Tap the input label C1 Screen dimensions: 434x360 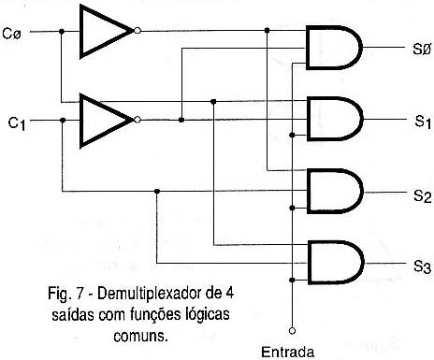[x=15, y=122]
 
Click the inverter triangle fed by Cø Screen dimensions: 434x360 [x=105, y=31]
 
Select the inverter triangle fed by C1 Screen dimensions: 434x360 [x=105, y=120]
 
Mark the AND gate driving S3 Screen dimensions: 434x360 [x=331, y=264]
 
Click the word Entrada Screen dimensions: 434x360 [x=292, y=351]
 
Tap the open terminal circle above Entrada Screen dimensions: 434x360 [x=292, y=330]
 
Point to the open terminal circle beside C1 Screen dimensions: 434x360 [x=36, y=120]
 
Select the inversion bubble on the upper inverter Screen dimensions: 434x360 [x=138, y=31]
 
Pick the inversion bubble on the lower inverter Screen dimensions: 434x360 [x=138, y=120]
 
